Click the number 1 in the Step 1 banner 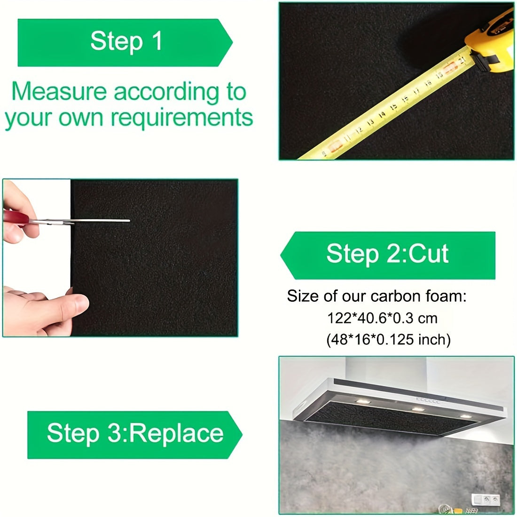[157, 41]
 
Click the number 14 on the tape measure [382, 114]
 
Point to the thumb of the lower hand [70, 303]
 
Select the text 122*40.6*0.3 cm [382, 318]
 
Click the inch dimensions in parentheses [388, 339]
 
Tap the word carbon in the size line [393, 297]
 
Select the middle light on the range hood [416, 410]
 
